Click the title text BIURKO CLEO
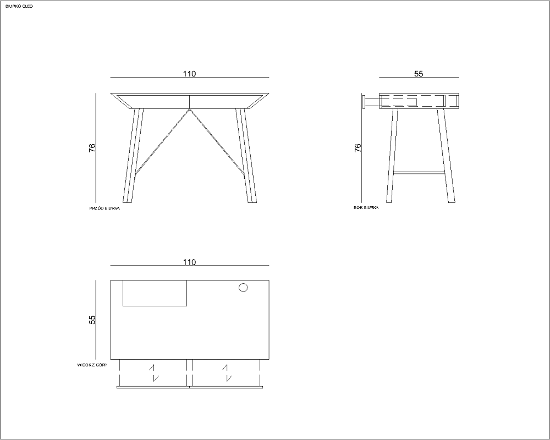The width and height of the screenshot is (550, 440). [19, 6]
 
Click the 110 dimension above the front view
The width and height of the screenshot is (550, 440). [189, 74]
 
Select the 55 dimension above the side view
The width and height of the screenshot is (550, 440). [419, 74]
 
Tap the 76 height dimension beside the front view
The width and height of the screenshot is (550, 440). [92, 148]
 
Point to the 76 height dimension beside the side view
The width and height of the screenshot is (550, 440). [358, 148]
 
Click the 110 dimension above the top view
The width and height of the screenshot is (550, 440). [189, 262]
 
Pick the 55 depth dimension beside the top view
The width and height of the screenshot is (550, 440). [92, 320]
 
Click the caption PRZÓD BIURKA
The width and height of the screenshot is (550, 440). [105, 208]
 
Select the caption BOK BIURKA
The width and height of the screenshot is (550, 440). [366, 208]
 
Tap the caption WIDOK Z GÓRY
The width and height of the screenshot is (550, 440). [92, 365]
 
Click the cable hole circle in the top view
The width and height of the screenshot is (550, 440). [243, 288]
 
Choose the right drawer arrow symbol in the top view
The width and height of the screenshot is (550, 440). [227, 373]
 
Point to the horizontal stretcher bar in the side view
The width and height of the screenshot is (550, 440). [419, 173]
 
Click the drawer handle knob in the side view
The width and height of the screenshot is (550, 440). [364, 102]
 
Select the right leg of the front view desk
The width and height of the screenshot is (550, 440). [246, 156]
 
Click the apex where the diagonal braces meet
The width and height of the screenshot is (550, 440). [189, 109]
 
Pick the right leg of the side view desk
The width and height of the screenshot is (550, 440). [446, 156]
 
